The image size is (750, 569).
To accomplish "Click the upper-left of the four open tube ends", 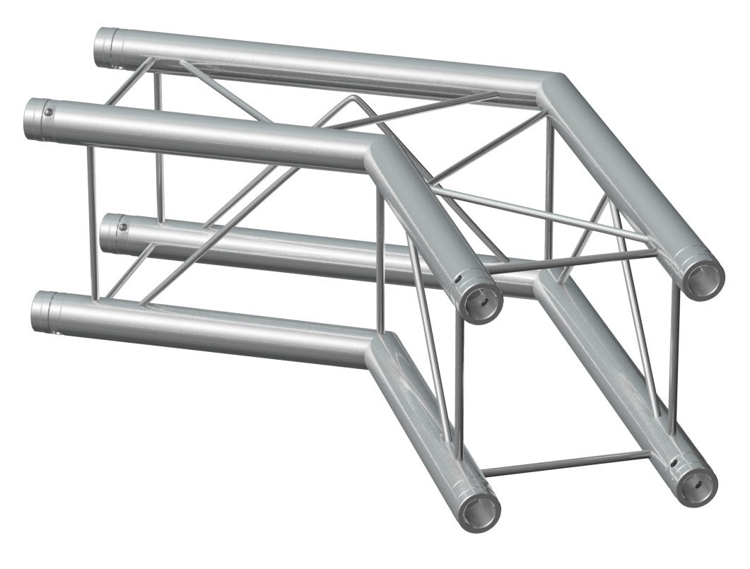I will [481, 300].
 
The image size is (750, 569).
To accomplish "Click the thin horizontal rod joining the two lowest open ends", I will [566, 464].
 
